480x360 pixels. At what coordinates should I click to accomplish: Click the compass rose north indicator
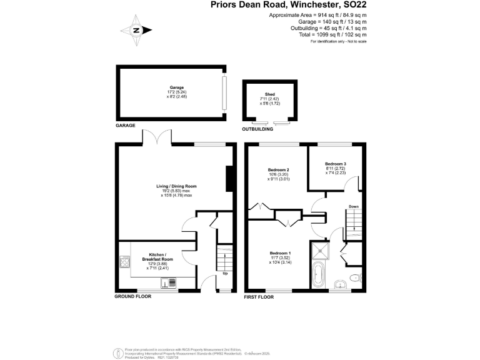coord(137,30)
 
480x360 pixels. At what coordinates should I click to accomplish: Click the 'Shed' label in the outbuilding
coord(270,94)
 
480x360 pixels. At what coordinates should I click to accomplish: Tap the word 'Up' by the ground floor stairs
coord(224,273)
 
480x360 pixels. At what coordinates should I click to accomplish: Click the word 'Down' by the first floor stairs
coord(353,206)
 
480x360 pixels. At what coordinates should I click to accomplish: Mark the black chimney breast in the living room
coord(229,179)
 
